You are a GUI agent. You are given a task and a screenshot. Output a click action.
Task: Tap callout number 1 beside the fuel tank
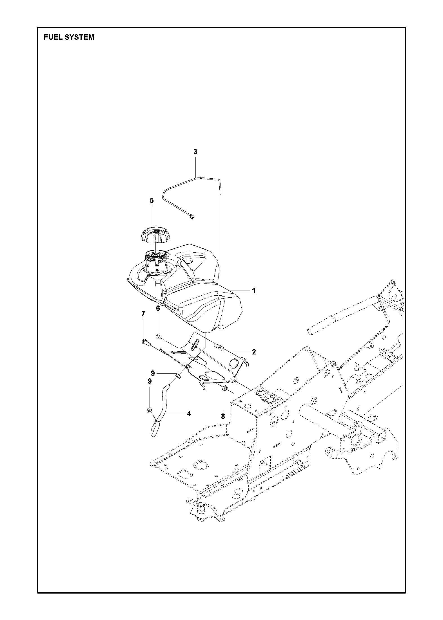(x=254, y=291)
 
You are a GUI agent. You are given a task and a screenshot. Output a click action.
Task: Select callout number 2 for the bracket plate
(x=254, y=352)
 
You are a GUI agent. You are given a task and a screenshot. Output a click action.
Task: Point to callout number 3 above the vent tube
(x=195, y=152)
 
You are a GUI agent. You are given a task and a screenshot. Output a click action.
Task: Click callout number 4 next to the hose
(x=189, y=414)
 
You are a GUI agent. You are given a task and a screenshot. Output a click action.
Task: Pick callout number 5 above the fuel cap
(x=152, y=201)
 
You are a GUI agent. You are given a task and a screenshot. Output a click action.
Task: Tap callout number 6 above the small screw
(x=158, y=308)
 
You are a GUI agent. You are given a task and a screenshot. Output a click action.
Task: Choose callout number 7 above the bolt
(x=143, y=314)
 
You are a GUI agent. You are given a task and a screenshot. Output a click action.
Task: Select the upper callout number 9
(x=153, y=373)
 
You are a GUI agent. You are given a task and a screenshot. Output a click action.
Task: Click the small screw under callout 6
(x=159, y=336)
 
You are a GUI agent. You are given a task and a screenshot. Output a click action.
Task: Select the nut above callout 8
(x=225, y=389)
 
